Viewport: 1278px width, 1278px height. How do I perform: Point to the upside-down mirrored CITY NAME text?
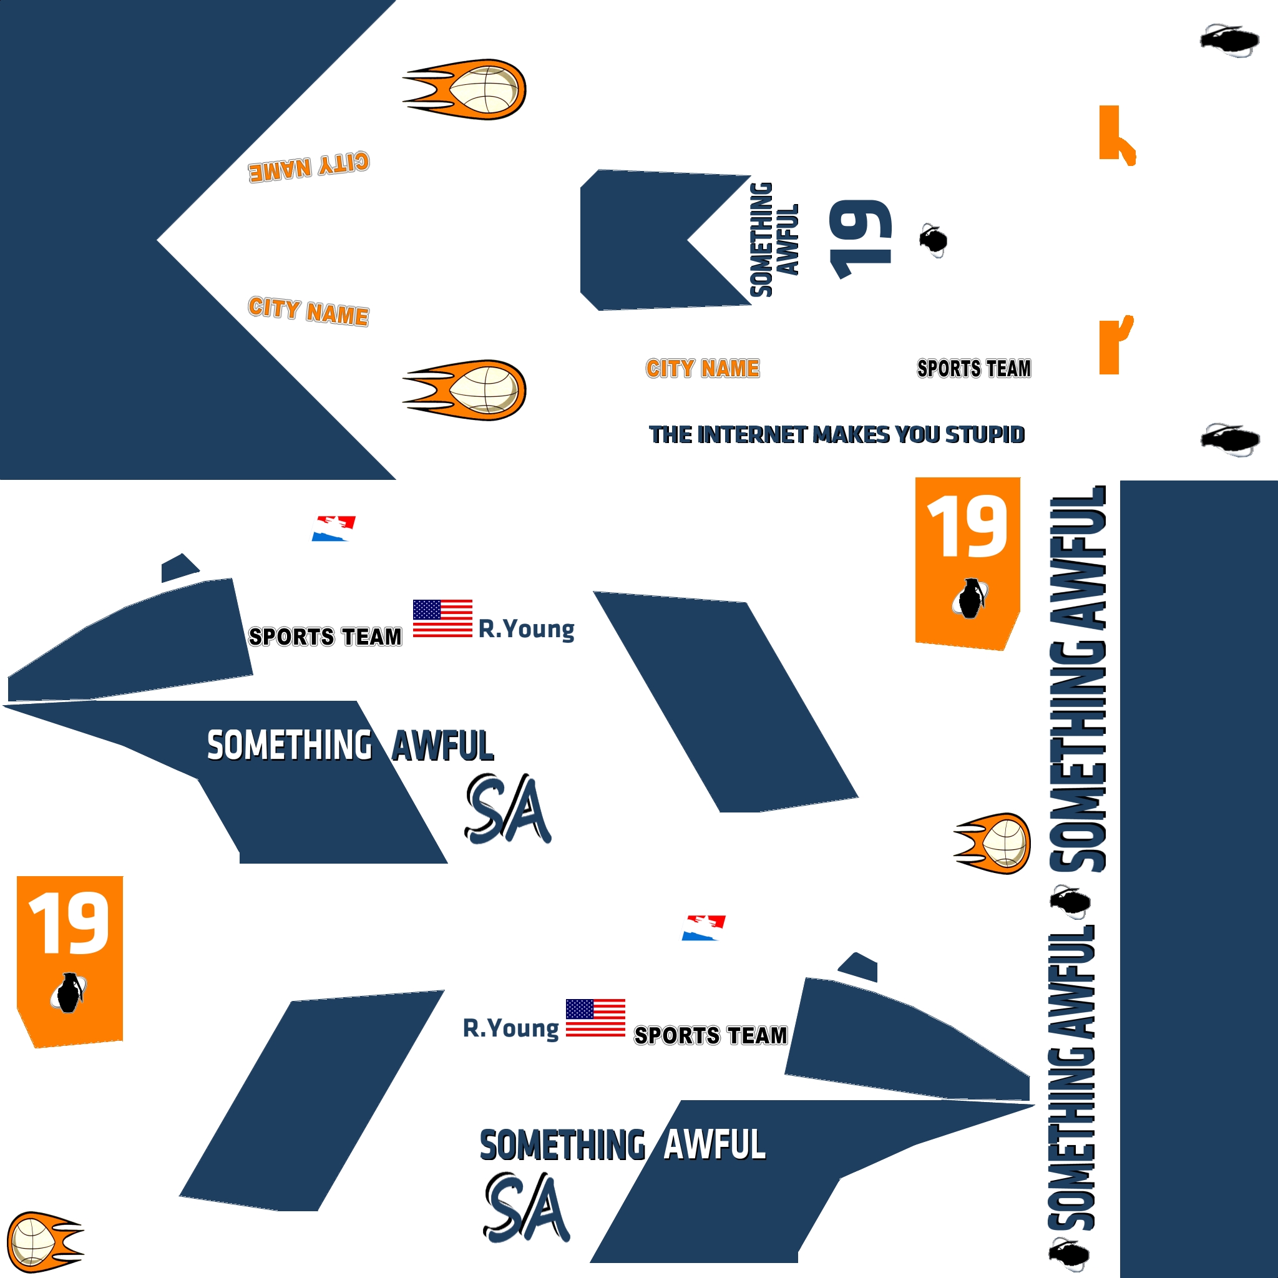(x=309, y=166)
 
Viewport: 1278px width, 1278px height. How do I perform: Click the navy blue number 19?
(x=861, y=239)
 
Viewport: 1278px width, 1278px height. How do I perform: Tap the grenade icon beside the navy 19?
(x=934, y=240)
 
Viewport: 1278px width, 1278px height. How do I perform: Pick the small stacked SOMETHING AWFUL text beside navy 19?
(x=774, y=239)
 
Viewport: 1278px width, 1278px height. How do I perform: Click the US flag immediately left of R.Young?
(x=442, y=618)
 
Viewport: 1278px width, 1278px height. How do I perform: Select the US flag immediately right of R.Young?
(x=595, y=1017)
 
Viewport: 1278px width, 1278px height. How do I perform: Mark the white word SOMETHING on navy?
(x=290, y=746)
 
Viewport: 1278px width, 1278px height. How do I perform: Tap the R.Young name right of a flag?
(x=527, y=628)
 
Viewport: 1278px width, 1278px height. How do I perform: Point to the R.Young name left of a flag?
(x=511, y=1028)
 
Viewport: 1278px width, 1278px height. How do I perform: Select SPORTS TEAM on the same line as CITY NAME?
(x=973, y=368)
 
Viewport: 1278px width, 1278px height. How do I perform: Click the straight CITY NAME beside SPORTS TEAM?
(x=703, y=368)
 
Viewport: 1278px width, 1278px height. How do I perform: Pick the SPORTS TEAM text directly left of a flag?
(x=324, y=637)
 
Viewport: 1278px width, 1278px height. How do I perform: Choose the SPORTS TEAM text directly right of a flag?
(x=710, y=1035)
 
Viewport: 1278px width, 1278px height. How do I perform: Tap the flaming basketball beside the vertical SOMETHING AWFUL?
(x=992, y=844)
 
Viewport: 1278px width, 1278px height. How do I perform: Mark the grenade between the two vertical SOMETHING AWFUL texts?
(x=1069, y=902)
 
